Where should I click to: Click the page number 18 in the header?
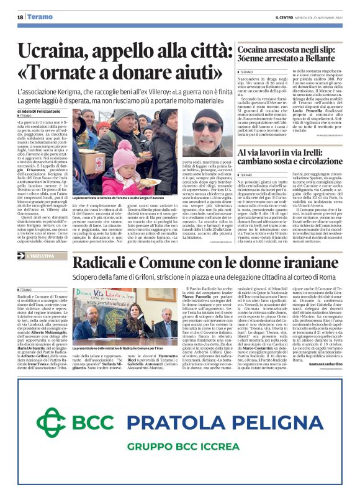click(x=20, y=17)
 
